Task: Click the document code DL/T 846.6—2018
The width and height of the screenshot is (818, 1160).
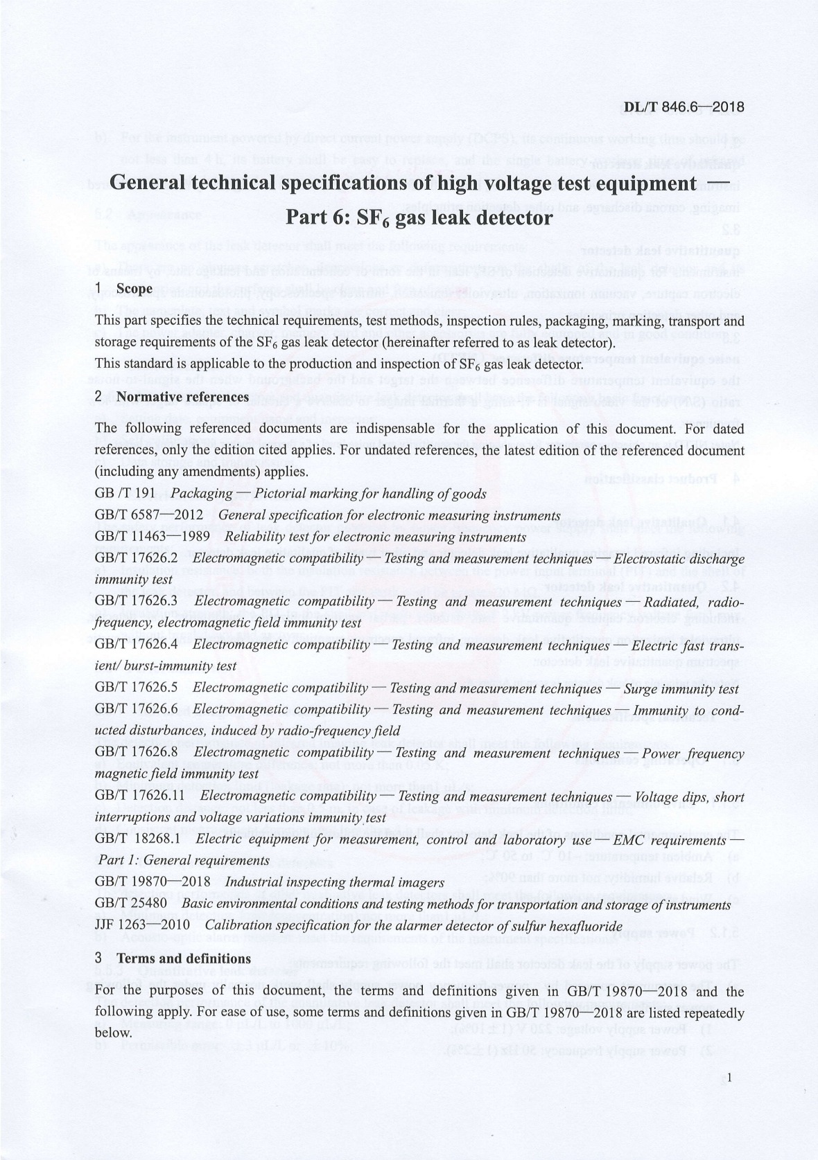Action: [x=684, y=107]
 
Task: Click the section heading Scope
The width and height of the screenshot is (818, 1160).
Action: [x=134, y=288]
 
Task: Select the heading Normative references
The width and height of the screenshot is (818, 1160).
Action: [x=182, y=397]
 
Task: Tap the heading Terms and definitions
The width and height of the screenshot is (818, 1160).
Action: [x=184, y=958]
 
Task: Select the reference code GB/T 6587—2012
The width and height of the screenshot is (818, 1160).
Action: [x=148, y=515]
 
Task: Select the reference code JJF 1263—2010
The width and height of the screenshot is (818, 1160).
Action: [x=143, y=926]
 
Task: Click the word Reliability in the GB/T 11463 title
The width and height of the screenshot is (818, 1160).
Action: [x=253, y=537]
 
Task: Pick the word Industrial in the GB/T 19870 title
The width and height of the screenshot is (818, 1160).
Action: [x=254, y=883]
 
